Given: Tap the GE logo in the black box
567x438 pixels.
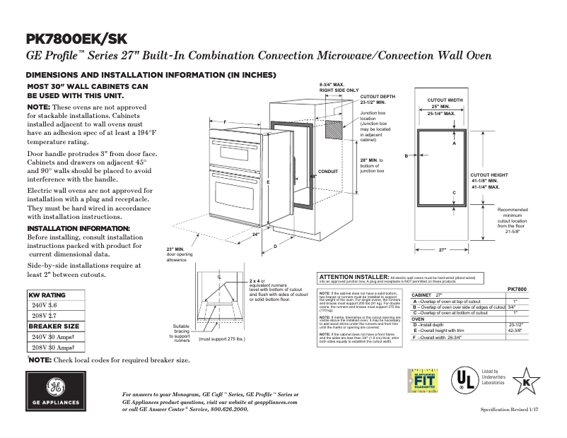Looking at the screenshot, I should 54,391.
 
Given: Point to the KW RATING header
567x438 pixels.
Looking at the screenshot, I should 47,295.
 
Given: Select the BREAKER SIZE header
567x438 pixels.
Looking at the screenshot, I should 54,326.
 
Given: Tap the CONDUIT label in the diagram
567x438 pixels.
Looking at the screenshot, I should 329,172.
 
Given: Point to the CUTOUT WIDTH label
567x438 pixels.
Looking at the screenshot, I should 445,100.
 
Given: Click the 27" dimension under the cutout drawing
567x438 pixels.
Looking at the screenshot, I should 443,250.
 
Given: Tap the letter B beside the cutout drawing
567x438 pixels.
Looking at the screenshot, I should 407,155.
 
